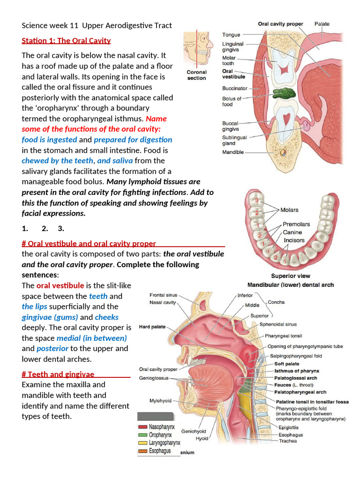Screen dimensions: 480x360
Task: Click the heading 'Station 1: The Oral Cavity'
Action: pyautogui.click(x=66, y=40)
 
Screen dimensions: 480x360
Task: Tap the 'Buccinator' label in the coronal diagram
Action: pyautogui.click(x=234, y=88)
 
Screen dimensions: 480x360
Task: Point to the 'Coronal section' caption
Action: pyautogui.click(x=196, y=75)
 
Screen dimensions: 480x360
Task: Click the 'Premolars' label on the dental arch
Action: pyautogui.click(x=296, y=224)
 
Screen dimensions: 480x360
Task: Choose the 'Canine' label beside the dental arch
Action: pyautogui.click(x=292, y=232)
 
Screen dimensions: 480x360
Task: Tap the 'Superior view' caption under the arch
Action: pyautogui.click(x=290, y=276)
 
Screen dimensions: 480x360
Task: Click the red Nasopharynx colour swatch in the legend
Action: pyautogui.click(x=142, y=427)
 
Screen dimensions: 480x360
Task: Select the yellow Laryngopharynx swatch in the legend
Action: pyautogui.click(x=142, y=442)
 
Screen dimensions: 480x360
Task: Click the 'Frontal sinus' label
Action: pyautogui.click(x=164, y=295)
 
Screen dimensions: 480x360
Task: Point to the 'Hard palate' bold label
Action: pyautogui.click(x=152, y=327)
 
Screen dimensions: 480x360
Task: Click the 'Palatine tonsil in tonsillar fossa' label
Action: pyautogui.click(x=311, y=402)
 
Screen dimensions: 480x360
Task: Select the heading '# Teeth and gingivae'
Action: pyautogui.click(x=58, y=374)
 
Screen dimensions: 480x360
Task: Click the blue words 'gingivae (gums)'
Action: pyautogui.click(x=50, y=317)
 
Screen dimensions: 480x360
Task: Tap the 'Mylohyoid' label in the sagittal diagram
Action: pyautogui.click(x=160, y=401)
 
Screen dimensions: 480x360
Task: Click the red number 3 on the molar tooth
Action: pyautogui.click(x=256, y=201)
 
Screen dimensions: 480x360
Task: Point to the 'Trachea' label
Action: pyautogui.click(x=287, y=441)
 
